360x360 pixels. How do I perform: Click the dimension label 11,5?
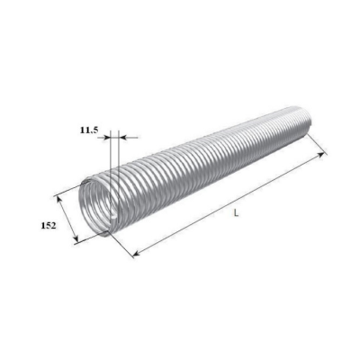(89, 130)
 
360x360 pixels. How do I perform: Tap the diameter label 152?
(49, 226)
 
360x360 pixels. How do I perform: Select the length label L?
(237, 213)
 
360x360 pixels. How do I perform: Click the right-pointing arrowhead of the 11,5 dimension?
(107, 138)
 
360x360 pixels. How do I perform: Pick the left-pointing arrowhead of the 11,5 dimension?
(122, 138)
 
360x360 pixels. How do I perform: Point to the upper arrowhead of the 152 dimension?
(58, 200)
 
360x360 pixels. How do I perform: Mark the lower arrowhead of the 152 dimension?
(76, 238)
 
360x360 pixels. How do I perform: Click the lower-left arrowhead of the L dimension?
(137, 254)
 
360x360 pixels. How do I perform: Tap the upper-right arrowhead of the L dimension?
(320, 155)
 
